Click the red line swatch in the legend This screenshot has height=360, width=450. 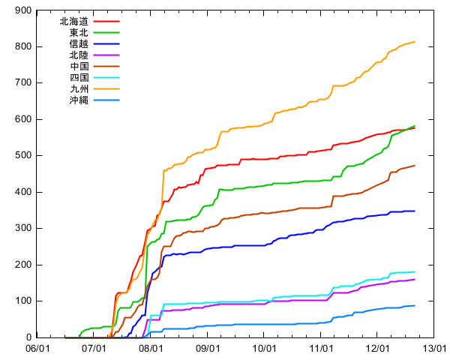(106, 22)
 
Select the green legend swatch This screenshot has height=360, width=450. (106, 33)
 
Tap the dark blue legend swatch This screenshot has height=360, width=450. (106, 44)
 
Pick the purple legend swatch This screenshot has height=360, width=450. (106, 55)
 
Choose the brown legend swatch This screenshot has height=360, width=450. (106, 67)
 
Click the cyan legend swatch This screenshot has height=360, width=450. (106, 78)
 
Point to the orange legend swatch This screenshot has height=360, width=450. (106, 89)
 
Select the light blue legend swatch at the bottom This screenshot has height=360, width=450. (106, 100)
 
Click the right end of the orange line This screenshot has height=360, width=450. (415, 41)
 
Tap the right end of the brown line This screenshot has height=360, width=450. (415, 165)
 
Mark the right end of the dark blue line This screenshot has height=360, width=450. (415, 211)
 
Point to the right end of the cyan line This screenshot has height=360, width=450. (415, 271)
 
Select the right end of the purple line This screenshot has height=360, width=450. (415, 279)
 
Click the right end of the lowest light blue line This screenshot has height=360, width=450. (415, 305)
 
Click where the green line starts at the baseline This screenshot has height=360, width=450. (79, 337)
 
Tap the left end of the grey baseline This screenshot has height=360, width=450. (66, 337)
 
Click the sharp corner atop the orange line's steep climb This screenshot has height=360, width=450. (163, 171)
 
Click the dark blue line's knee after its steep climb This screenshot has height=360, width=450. (164, 256)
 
